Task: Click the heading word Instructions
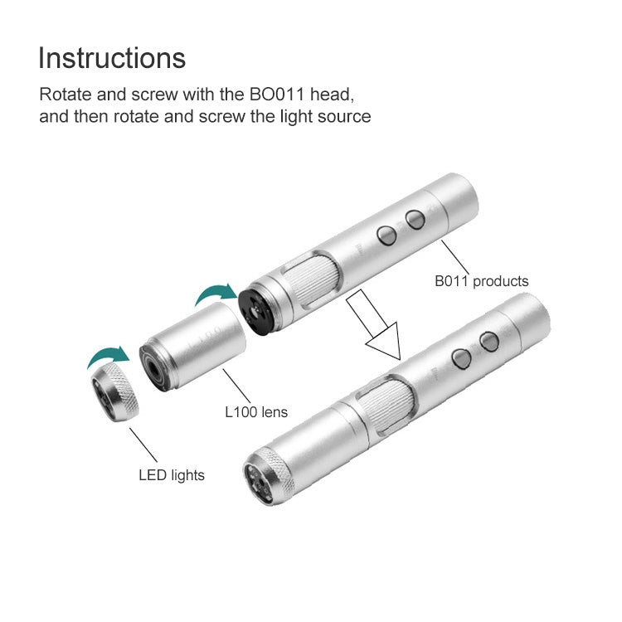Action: click(x=112, y=59)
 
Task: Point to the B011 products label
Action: click(x=481, y=281)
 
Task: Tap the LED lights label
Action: click(x=171, y=475)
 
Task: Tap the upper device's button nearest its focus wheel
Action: click(x=386, y=236)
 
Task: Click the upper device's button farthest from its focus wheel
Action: click(x=414, y=219)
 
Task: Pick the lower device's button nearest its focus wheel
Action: click(x=462, y=357)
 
